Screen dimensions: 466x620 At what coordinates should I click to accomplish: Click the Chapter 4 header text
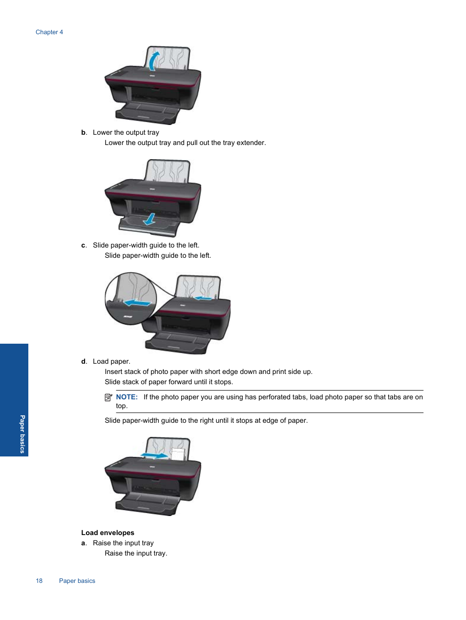tap(49, 32)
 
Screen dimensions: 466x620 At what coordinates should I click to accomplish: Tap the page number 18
tap(39, 580)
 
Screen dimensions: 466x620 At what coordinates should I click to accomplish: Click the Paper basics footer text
tap(77, 580)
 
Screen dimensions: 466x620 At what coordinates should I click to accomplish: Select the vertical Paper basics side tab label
tap(22, 434)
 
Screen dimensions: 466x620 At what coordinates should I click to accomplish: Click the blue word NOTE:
tap(127, 397)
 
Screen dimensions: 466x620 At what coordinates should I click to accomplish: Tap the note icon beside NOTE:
tap(108, 397)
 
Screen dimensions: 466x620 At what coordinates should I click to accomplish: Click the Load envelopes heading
tap(107, 533)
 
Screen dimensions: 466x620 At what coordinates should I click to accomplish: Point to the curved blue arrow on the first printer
tap(153, 61)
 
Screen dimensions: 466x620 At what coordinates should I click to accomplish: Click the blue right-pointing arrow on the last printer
tap(154, 455)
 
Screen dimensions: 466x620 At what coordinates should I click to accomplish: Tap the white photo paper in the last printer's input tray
tap(178, 455)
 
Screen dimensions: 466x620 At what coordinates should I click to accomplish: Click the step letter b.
tap(84, 132)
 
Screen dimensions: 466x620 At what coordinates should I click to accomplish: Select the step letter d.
tap(84, 361)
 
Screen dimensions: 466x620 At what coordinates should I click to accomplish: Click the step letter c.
tap(84, 245)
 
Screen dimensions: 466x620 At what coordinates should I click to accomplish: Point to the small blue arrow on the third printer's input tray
tap(203, 297)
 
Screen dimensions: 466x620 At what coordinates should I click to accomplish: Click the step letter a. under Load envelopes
tap(84, 543)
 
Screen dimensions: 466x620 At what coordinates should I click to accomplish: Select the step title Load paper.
tap(111, 361)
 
